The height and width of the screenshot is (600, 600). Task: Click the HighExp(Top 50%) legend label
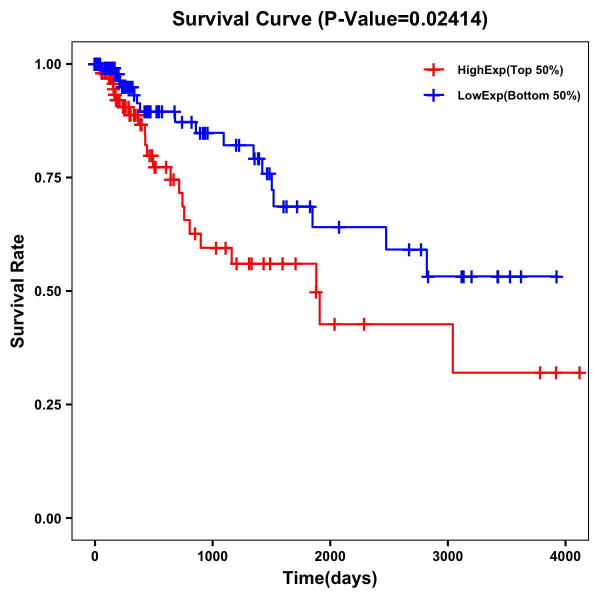point(510,70)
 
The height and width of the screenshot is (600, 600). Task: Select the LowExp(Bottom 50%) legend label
point(519,96)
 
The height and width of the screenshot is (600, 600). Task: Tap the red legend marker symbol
point(433,70)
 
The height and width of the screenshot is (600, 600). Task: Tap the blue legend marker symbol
point(433,95)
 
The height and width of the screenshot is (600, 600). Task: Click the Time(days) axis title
point(330,578)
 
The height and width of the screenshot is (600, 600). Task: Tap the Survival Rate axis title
point(18,290)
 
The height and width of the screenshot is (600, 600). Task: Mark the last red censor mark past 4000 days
point(579,372)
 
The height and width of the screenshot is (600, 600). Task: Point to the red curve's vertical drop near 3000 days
point(452,348)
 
